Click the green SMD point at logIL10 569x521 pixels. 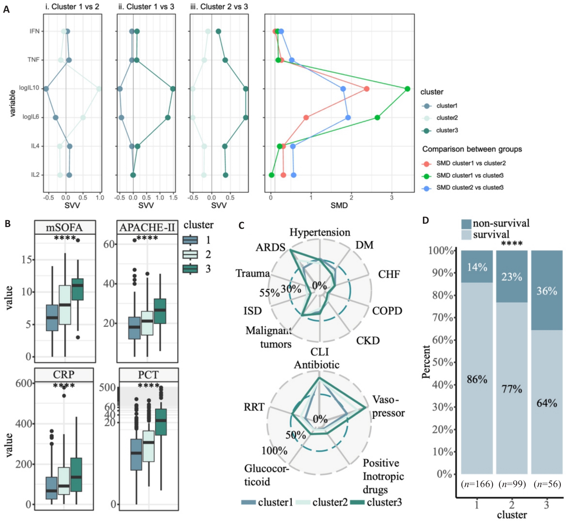[407, 89]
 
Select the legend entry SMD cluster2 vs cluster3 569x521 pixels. [470, 188]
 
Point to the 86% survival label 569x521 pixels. [477, 379]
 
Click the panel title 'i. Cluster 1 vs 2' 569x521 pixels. [72, 7]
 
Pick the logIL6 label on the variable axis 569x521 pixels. [31, 117]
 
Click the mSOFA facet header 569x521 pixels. [65, 227]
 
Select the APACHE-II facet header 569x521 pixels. [147, 227]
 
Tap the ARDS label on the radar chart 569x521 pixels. [270, 247]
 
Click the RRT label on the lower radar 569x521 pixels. [254, 407]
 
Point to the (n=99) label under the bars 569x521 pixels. [512, 484]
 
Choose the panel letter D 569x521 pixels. [426, 220]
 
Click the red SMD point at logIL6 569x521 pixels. [306, 117]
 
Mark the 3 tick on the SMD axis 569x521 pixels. [392, 198]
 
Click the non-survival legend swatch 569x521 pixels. [466, 224]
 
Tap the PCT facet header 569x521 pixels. [148, 375]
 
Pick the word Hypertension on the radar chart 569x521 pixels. [320, 232]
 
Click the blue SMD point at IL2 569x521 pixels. [293, 175]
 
